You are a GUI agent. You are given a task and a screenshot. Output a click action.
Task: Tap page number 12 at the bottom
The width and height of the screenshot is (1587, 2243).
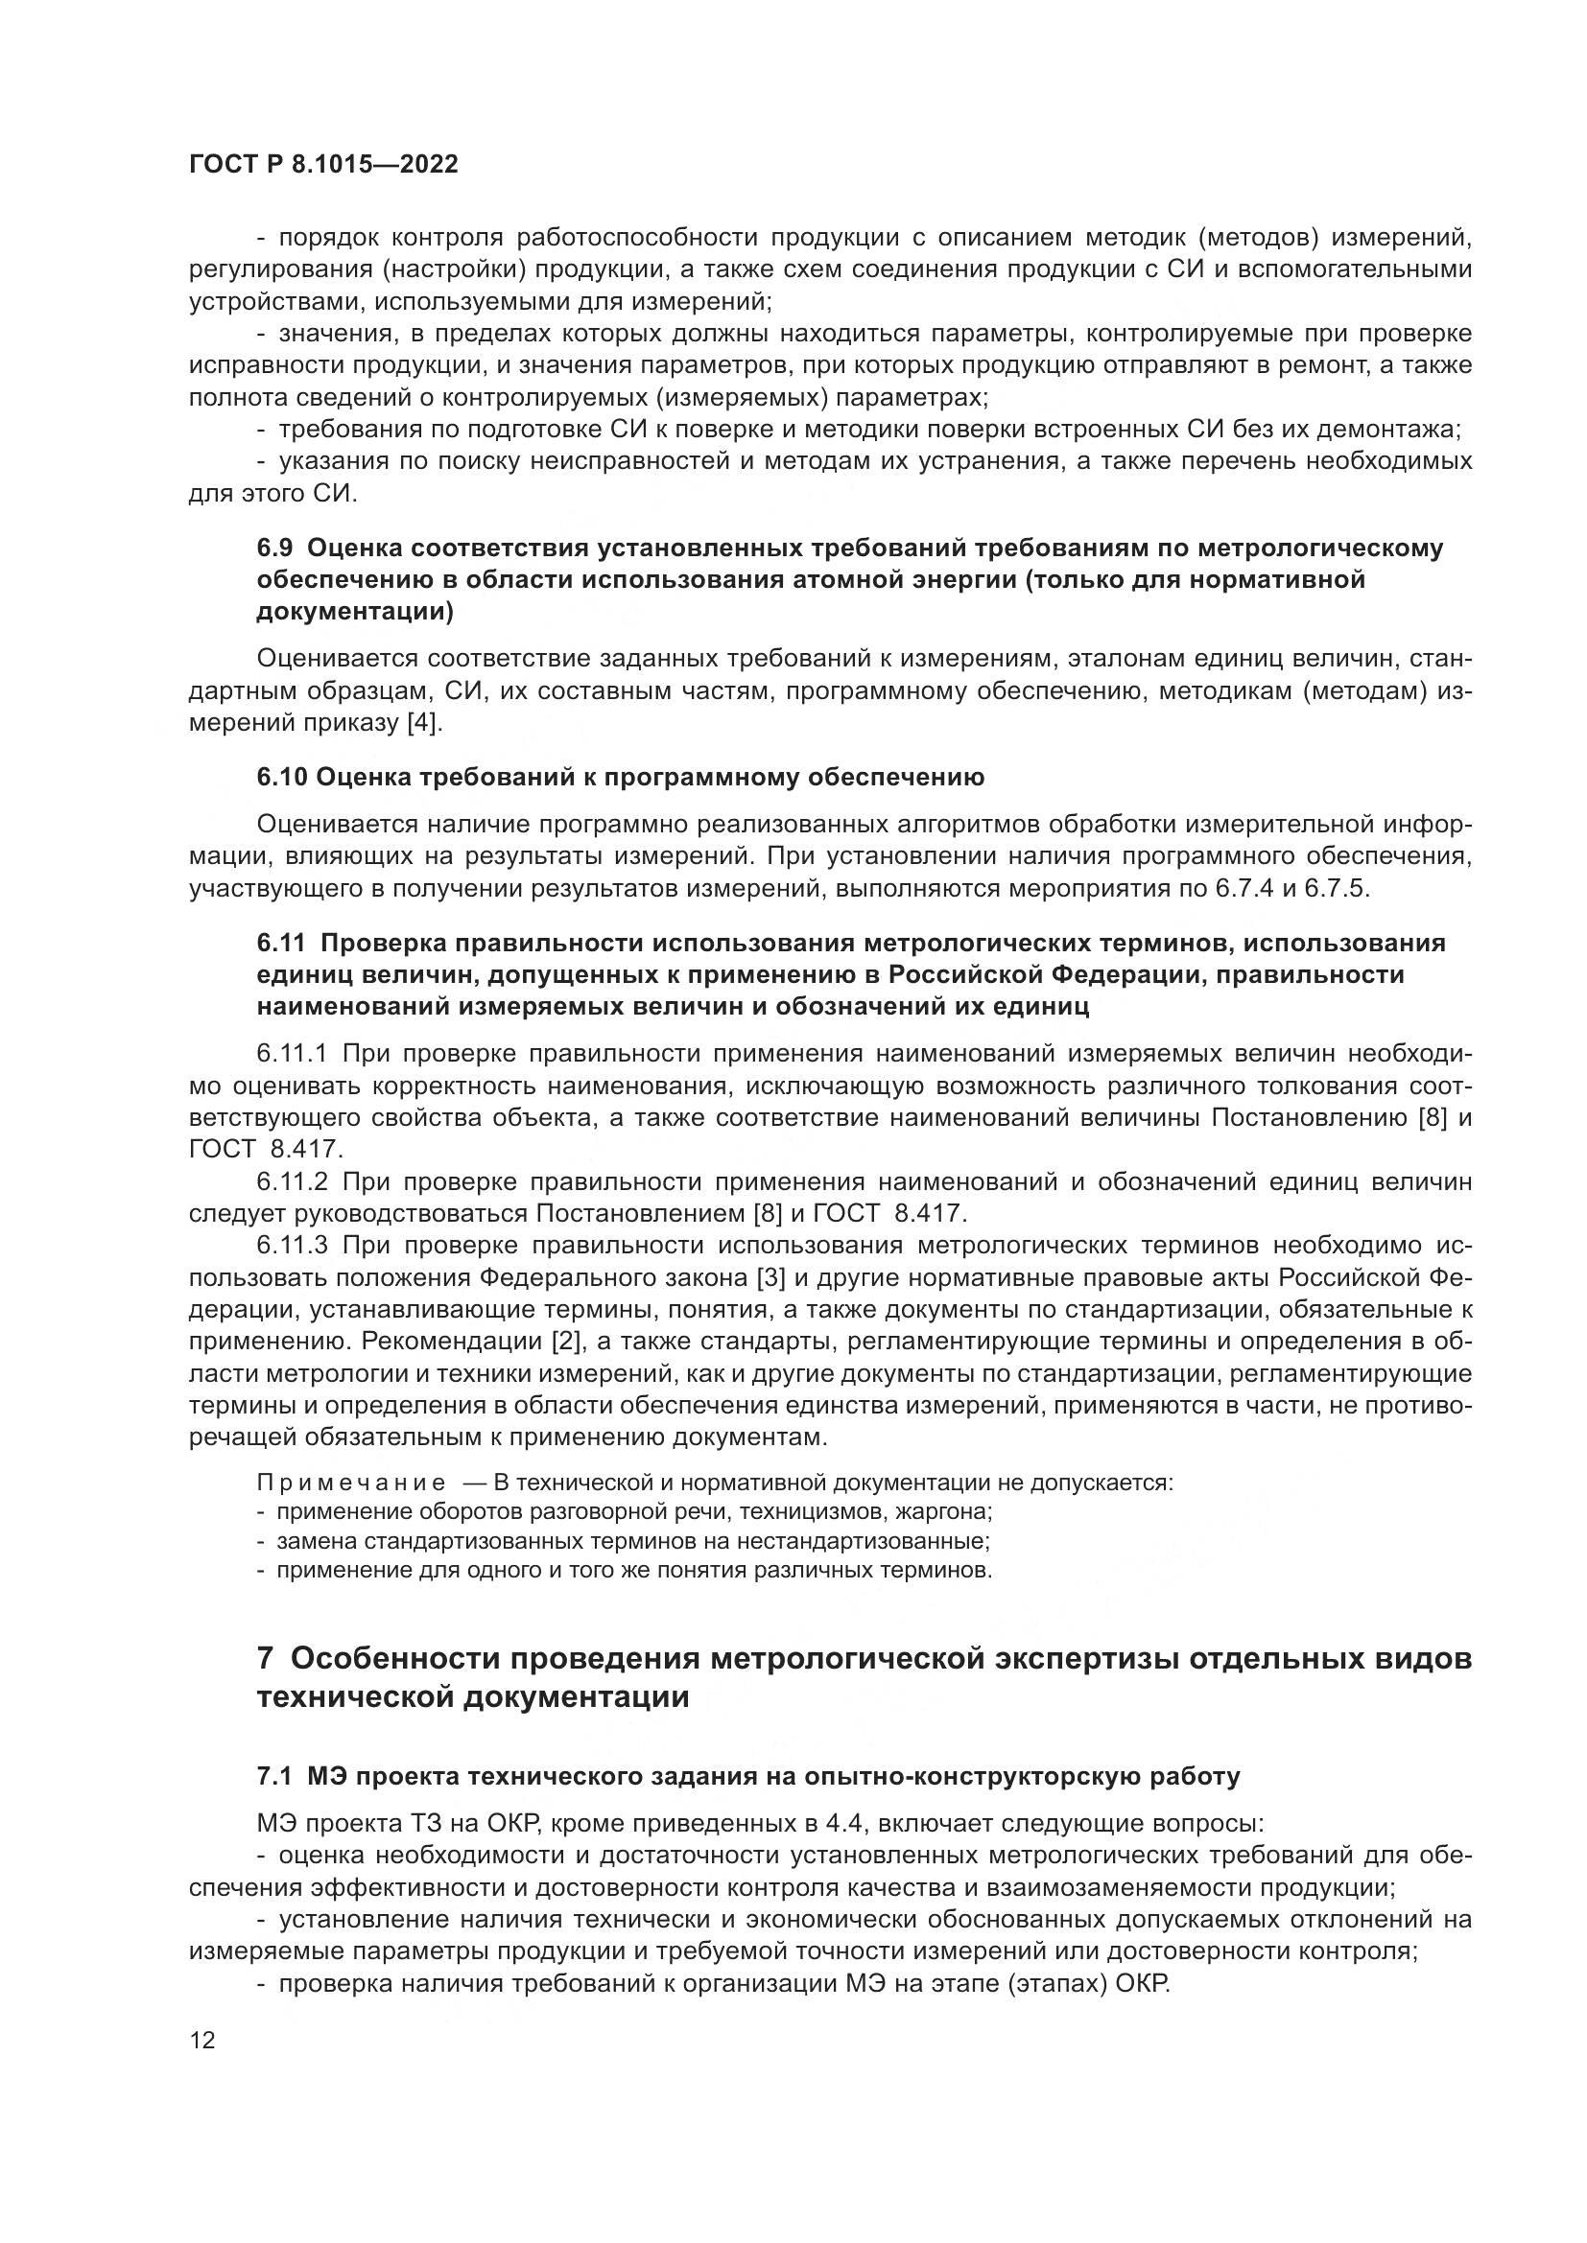click(x=202, y=2040)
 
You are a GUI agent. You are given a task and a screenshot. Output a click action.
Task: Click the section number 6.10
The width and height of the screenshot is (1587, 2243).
click(x=281, y=778)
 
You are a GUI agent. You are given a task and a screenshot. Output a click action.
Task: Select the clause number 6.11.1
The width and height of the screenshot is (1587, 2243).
click(x=295, y=1053)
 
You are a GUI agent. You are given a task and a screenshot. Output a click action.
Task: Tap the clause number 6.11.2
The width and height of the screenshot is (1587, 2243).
click(x=295, y=1182)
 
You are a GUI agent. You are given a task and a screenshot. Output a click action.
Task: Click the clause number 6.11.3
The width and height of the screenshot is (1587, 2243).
click(x=295, y=1246)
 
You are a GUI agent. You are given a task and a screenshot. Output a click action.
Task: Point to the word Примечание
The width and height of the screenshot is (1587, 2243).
click(x=351, y=1483)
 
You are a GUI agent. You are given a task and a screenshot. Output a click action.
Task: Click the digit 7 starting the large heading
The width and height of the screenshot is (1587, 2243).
click(x=265, y=1658)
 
